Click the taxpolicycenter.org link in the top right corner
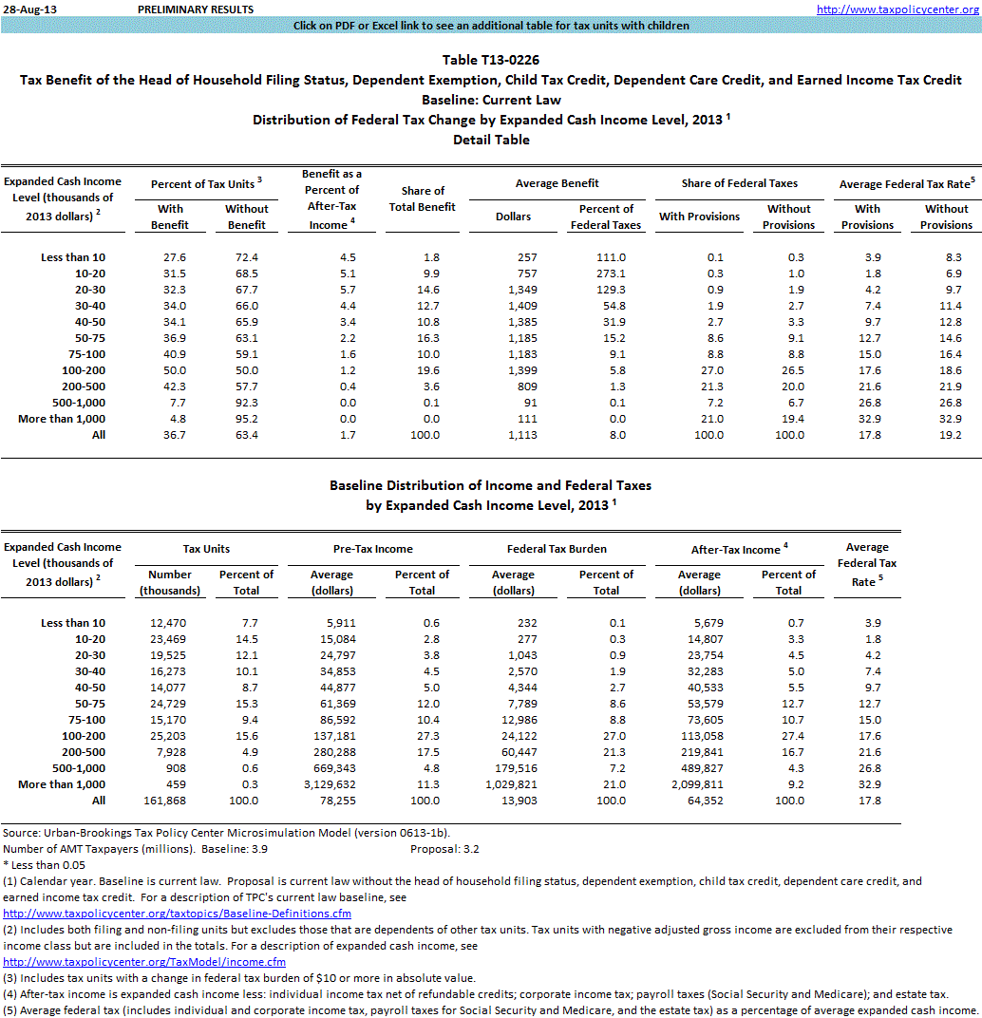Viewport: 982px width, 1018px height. tap(897, 9)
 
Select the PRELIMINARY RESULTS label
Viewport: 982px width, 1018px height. tap(196, 9)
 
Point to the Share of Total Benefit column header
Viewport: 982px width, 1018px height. tap(423, 199)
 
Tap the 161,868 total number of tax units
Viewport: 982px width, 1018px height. tap(171, 801)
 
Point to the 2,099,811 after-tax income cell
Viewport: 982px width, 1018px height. tap(699, 784)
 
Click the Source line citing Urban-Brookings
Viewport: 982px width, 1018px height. tap(226, 832)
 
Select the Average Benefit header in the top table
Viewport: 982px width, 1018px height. tap(557, 183)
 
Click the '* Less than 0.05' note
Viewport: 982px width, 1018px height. tap(45, 865)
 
